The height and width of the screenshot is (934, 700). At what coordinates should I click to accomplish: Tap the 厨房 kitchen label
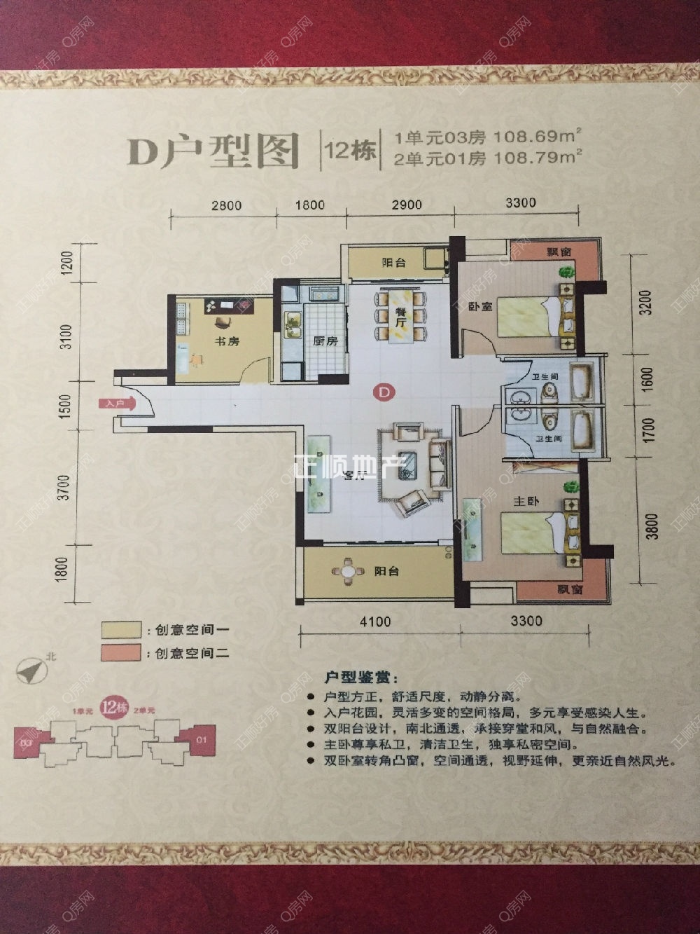tap(325, 342)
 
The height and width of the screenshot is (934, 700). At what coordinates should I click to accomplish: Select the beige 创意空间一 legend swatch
tap(120, 630)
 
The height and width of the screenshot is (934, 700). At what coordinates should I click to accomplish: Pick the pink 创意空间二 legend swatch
tap(120, 653)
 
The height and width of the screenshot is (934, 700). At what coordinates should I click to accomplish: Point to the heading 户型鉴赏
tap(360, 678)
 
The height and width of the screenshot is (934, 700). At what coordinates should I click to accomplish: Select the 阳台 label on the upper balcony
tap(394, 263)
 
